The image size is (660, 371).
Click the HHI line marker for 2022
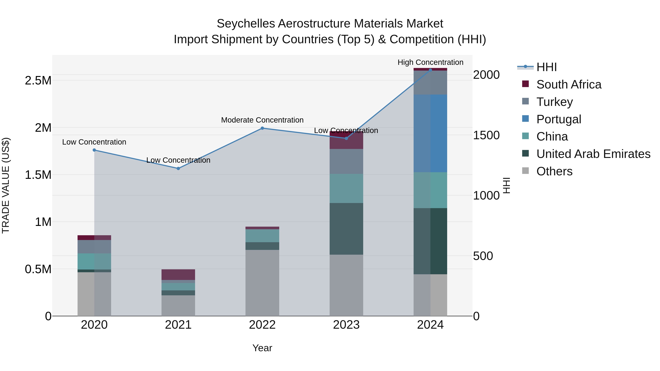pos(262,128)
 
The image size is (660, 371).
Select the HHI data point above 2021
pos(178,169)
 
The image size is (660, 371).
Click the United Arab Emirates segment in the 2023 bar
pos(346,229)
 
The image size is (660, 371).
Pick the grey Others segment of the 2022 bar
pos(262,283)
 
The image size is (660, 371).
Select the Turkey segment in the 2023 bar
pos(346,161)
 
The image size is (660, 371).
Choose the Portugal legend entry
pos(559,119)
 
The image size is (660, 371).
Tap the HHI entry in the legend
pos(546,67)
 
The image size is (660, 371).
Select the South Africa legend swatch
pos(525,84)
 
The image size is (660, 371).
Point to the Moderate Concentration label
pos(262,120)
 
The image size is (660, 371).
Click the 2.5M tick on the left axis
pos(38,81)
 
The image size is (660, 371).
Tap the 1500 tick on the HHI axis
pos(486,135)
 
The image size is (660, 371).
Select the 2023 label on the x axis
pos(346,325)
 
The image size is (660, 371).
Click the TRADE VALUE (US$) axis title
pos(6,185)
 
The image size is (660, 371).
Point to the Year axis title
pos(262,348)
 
